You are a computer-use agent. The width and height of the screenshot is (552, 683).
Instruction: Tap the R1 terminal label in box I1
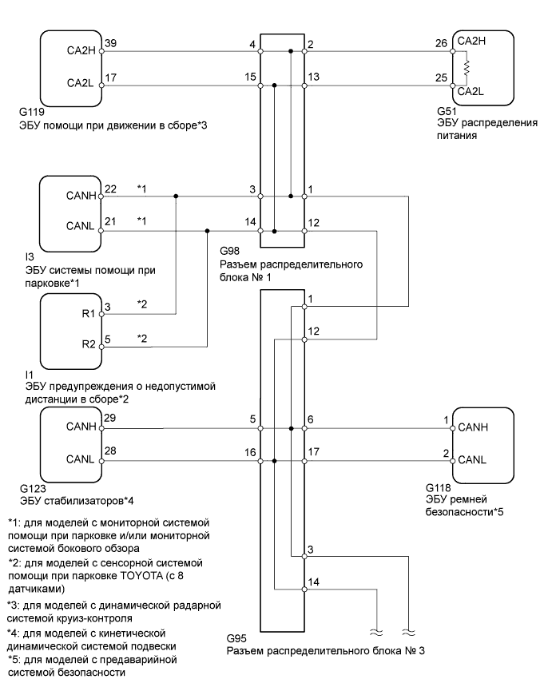pos(88,314)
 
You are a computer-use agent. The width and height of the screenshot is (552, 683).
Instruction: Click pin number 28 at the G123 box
pos(110,452)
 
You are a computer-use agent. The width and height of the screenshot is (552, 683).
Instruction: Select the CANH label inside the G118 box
pos(474,428)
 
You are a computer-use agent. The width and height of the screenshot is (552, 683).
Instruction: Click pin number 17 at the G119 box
pos(110,77)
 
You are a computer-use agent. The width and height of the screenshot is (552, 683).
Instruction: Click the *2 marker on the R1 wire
pos(142,304)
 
